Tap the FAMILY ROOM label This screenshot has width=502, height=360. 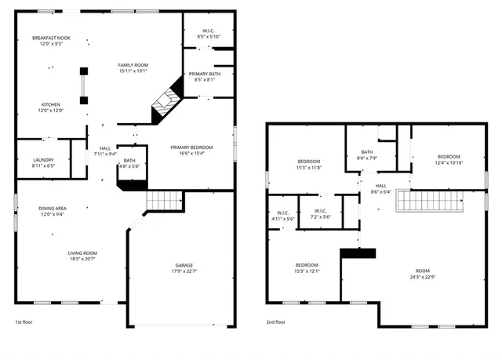click(133, 65)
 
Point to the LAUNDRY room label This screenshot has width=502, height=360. click(43, 160)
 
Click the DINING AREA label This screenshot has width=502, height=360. click(53, 208)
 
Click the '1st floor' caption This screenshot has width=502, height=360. click(24, 322)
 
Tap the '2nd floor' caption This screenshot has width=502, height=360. click(275, 322)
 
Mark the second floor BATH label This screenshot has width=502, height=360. click(366, 152)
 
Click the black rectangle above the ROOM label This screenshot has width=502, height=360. click(358, 253)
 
